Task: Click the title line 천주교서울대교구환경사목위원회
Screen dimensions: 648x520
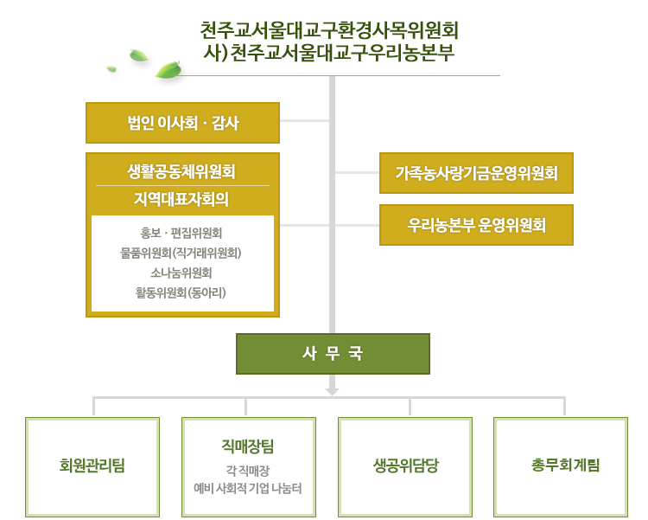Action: [329, 30]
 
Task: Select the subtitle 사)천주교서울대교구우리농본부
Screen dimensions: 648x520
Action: [329, 53]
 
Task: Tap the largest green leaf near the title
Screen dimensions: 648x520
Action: [168, 69]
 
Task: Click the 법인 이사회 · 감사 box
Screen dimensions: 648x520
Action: [182, 123]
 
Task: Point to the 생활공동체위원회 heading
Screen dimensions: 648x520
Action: [181, 171]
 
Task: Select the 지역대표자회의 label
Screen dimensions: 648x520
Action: [181, 199]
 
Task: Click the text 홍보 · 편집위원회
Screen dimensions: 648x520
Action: [181, 233]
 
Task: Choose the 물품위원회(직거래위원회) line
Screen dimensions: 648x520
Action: [181, 253]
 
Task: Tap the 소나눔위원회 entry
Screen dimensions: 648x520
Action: [181, 273]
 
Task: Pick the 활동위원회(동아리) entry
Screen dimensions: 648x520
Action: [181, 292]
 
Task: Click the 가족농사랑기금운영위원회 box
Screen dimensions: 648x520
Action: [476, 173]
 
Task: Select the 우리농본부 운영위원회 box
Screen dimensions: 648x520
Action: [476, 225]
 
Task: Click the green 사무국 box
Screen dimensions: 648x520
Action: [334, 354]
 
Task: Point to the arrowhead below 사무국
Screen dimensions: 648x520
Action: [333, 391]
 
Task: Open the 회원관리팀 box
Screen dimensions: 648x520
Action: [92, 467]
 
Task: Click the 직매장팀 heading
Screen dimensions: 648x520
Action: [248, 446]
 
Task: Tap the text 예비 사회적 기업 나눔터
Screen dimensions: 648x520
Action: [248, 489]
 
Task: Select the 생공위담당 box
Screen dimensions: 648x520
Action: [405, 467]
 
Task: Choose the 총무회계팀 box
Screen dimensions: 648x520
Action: [561, 467]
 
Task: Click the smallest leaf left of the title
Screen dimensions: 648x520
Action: [111, 68]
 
